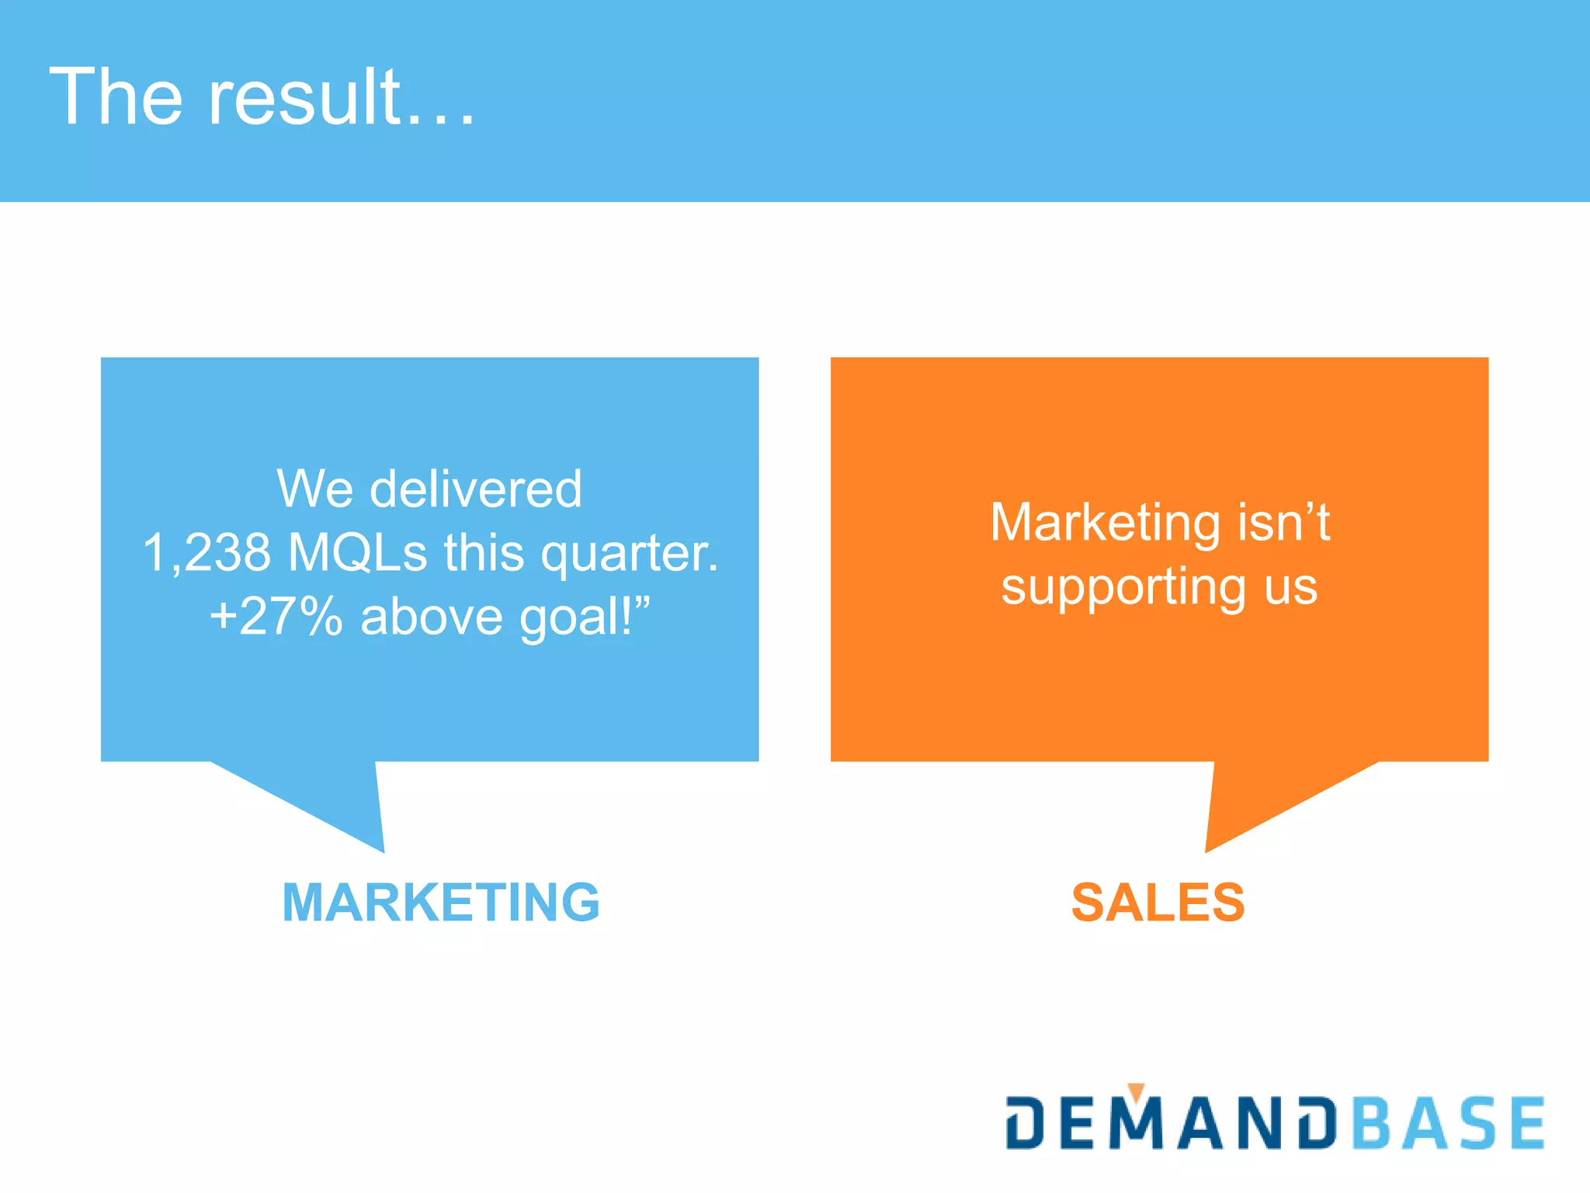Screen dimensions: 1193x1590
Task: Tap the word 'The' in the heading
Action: pyautogui.click(x=116, y=97)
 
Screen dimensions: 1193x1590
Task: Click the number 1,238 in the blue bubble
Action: pyautogui.click(x=207, y=553)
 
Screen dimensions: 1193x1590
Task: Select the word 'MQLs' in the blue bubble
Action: pyautogui.click(x=357, y=553)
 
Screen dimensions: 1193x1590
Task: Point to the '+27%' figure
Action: pyautogui.click(x=276, y=617)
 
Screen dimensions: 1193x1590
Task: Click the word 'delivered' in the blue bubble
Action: pyautogui.click(x=475, y=489)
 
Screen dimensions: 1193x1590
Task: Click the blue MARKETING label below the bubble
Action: pyautogui.click(x=441, y=903)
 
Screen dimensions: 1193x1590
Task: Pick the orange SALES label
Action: pyautogui.click(x=1158, y=903)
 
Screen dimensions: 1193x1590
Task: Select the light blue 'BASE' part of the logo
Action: pyautogui.click(x=1449, y=1123)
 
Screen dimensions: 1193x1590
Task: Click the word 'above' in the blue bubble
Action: pyautogui.click(x=431, y=617)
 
